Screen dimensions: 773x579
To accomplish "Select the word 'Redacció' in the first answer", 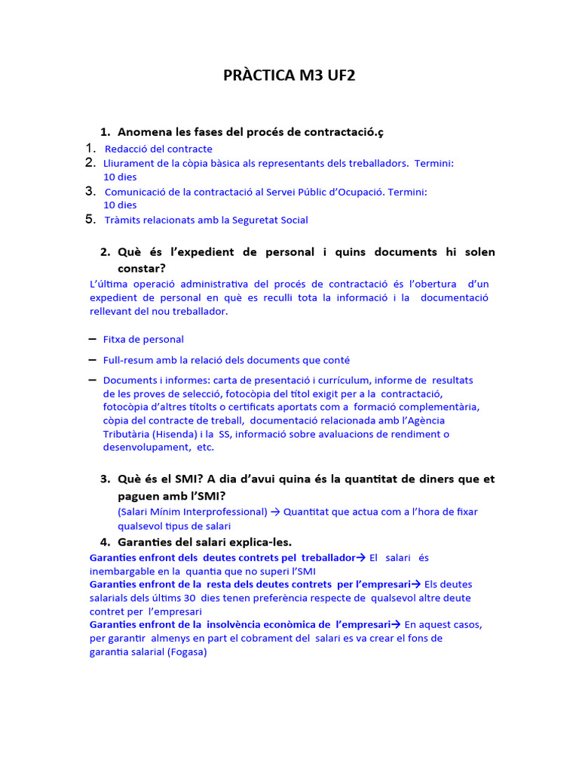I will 124,149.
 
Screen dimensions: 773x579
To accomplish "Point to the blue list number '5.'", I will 90,220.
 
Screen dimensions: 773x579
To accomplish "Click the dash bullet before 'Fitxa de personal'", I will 92,339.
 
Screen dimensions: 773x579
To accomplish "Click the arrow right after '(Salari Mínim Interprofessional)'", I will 274,512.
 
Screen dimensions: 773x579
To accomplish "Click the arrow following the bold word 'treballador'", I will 360,558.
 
